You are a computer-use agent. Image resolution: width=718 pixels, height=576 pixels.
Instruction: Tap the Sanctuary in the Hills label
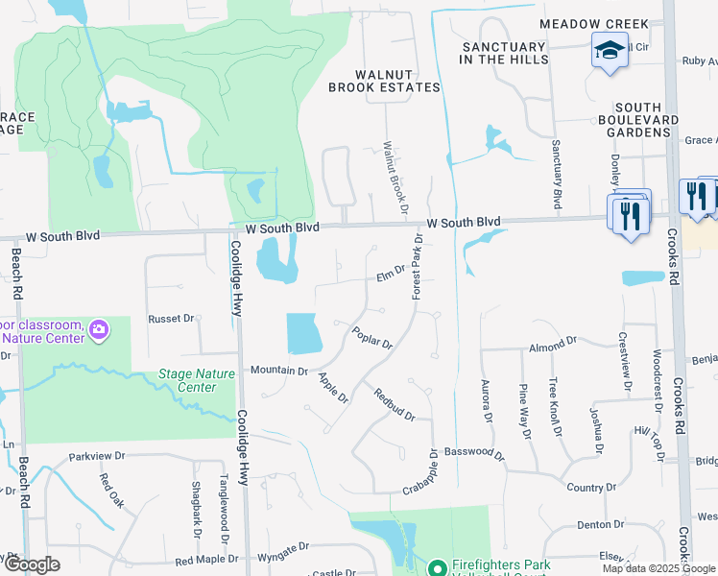click(x=504, y=53)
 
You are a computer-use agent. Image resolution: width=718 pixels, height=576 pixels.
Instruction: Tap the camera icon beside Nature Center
click(x=98, y=331)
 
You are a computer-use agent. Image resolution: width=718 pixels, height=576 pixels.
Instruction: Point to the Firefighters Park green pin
click(x=437, y=568)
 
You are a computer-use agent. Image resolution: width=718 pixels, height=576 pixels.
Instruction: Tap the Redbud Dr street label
click(x=394, y=405)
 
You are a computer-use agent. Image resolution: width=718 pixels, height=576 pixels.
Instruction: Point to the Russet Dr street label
click(x=171, y=318)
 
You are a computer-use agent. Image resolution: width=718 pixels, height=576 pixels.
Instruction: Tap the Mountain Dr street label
click(x=278, y=370)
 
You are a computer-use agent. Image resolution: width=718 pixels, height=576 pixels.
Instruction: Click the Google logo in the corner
click(x=31, y=564)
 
